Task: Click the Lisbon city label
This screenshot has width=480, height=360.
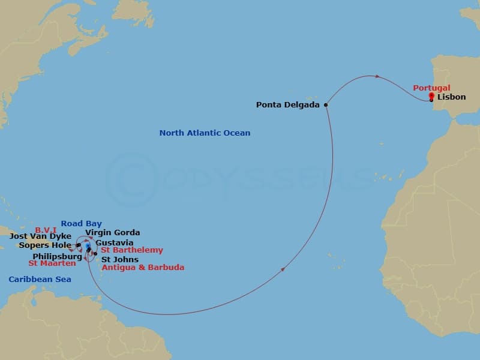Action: [451, 97]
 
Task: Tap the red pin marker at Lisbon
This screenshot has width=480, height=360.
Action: [431, 96]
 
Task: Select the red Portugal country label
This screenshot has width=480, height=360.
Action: [431, 88]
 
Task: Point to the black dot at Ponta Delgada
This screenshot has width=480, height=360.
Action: [326, 105]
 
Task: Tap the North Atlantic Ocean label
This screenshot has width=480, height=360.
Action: [205, 133]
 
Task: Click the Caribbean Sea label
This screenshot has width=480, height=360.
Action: [40, 279]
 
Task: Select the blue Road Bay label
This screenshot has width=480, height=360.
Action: [81, 224]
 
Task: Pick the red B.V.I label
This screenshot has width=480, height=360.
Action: [46, 229]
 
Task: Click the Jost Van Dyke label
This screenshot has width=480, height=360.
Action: [40, 236]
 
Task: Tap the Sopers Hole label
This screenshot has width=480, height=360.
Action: [44, 245]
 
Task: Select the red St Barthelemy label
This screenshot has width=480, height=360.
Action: [131, 250]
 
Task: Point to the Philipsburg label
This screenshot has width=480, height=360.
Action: [57, 256]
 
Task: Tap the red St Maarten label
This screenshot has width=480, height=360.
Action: [52, 263]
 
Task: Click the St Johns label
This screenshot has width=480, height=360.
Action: [119, 259]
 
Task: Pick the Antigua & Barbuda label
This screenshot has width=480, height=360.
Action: [143, 267]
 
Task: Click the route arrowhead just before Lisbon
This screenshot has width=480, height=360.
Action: [377, 76]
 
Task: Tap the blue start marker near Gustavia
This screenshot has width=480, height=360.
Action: [88, 246]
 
